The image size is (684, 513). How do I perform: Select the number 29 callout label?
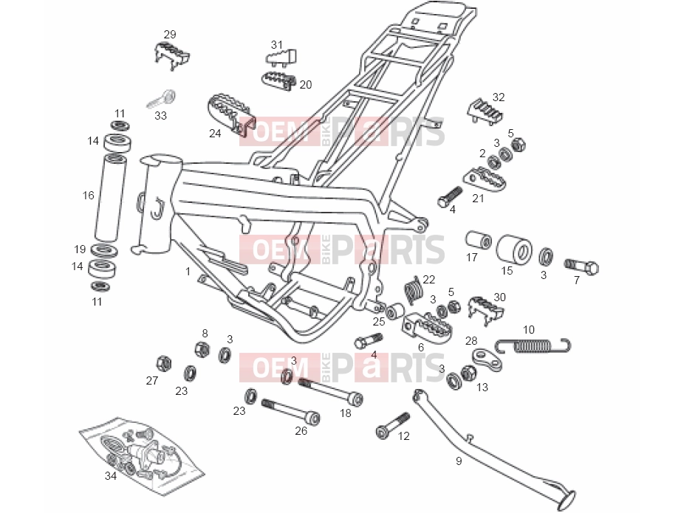click(170, 35)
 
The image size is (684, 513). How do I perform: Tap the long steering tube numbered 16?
click(110, 197)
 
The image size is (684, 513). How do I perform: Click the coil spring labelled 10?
click(533, 345)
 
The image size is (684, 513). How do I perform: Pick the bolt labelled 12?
click(393, 425)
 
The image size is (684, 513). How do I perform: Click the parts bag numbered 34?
click(142, 455)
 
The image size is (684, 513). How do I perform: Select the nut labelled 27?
click(163, 362)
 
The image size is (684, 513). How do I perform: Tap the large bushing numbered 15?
click(514, 249)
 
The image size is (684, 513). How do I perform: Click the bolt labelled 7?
click(581, 266)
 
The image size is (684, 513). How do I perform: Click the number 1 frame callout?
click(188, 272)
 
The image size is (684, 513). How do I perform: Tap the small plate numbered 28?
click(486, 359)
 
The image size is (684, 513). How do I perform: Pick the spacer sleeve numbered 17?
click(478, 240)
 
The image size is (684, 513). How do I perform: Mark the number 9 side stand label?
click(459, 461)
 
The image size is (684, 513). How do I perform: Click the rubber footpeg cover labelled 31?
click(281, 58)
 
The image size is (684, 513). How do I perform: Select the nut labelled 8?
click(202, 348)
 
